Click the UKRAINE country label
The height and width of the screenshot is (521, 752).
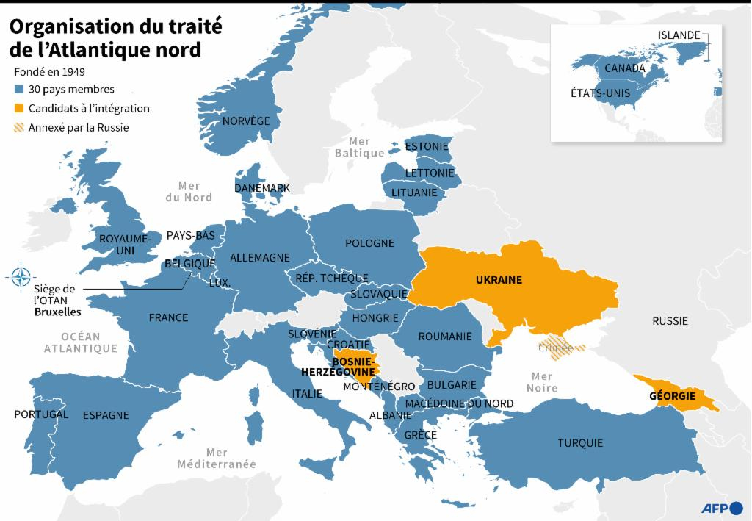tap(499, 280)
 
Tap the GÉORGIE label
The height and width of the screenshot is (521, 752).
tap(672, 396)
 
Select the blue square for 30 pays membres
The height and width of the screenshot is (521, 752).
tap(19, 90)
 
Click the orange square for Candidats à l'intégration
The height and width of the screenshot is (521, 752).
tap(19, 109)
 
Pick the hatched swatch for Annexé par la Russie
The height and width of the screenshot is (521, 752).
tap(19, 127)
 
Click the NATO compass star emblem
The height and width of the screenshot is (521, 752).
tap(19, 278)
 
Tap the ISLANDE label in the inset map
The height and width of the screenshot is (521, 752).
tap(679, 35)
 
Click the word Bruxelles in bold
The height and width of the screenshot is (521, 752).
tap(58, 312)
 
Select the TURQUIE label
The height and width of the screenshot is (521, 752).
tap(579, 443)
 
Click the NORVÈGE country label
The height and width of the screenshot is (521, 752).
tap(246, 121)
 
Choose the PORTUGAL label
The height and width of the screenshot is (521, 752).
tap(41, 414)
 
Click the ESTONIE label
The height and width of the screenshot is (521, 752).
tap(427, 146)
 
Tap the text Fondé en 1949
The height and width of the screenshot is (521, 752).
tap(49, 72)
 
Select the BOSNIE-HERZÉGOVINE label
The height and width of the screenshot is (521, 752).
tap(344, 367)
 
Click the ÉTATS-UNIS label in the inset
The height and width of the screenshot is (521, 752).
tap(600, 93)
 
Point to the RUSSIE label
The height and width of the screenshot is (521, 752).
tap(670, 321)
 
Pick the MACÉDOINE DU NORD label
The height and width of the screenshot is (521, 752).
tap(459, 403)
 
